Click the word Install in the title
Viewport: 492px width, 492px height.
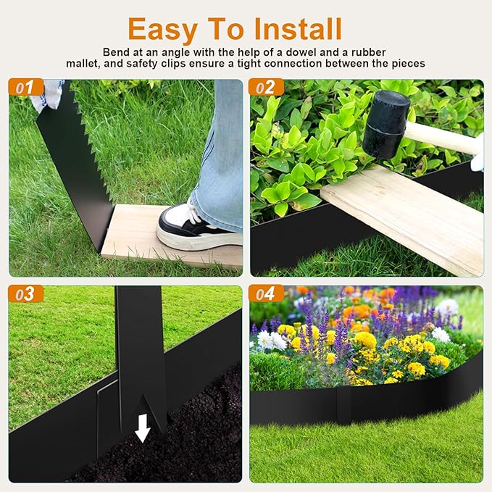tap(298, 29)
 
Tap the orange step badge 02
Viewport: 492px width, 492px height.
tap(265, 88)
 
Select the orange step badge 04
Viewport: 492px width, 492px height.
tap(265, 293)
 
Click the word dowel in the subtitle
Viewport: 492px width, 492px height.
tap(314, 52)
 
